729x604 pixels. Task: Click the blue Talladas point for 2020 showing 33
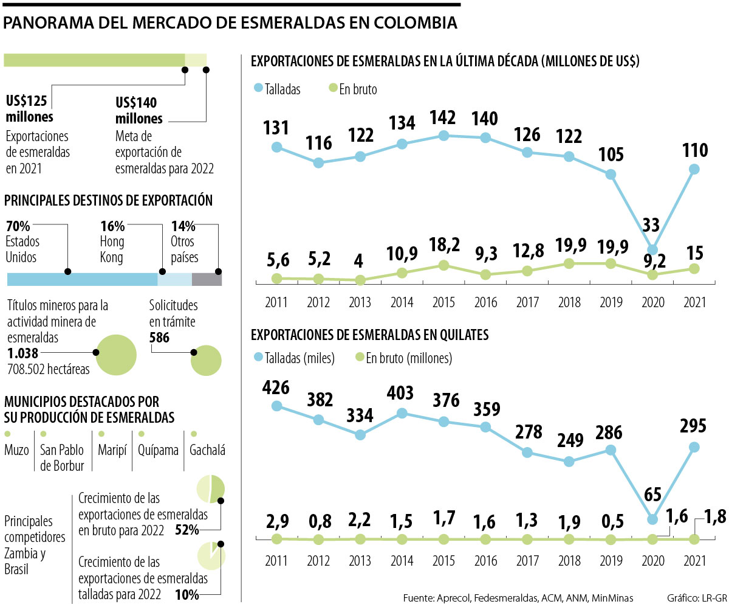652,249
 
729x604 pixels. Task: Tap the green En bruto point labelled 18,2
443,265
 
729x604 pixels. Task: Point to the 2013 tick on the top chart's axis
360,302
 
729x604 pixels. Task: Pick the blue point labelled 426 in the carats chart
277,406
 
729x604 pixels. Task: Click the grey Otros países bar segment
207,280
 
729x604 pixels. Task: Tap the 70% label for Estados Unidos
17,227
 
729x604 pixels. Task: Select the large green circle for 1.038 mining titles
116,355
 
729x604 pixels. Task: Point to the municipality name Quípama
158,451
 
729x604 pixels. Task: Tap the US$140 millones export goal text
139,109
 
